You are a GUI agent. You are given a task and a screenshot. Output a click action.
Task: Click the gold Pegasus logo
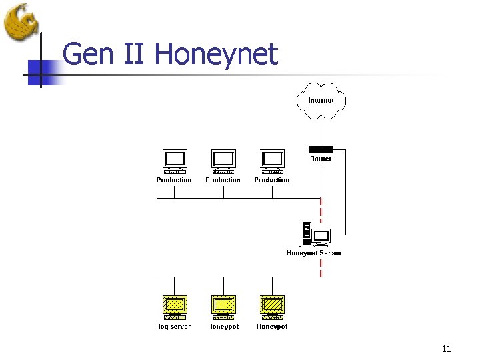coord(21,22)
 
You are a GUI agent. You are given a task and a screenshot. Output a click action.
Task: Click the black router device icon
coord(321,149)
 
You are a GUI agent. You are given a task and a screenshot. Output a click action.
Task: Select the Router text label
coord(321,159)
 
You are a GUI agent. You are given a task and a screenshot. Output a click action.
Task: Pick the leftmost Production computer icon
coord(174,161)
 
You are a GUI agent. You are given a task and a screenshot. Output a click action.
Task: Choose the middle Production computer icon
coord(223,161)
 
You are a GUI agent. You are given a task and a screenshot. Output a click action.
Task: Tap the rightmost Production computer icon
coord(272,161)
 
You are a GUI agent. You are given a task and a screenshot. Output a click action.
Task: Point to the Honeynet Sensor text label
coord(314,253)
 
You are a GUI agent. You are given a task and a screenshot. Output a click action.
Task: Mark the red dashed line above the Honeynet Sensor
coord(321,211)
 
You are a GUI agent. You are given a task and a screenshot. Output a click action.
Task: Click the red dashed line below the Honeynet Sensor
coord(321,267)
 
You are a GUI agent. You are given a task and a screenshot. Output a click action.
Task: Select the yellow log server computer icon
coord(174,307)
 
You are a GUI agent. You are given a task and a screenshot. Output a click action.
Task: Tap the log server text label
coord(174,327)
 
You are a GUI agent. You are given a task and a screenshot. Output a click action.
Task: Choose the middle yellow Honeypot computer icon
coord(223,307)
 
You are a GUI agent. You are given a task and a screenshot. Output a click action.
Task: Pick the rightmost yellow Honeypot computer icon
coord(272,307)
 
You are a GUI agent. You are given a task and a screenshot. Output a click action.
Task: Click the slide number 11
coord(446,349)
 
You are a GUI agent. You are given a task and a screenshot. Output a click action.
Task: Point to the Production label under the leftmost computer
coord(174,180)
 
